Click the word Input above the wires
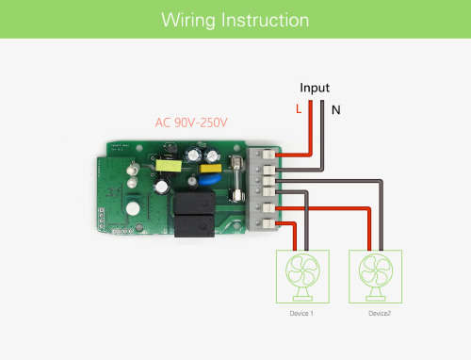315,87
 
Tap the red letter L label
299,109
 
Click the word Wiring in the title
186,20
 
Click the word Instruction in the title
261,20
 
